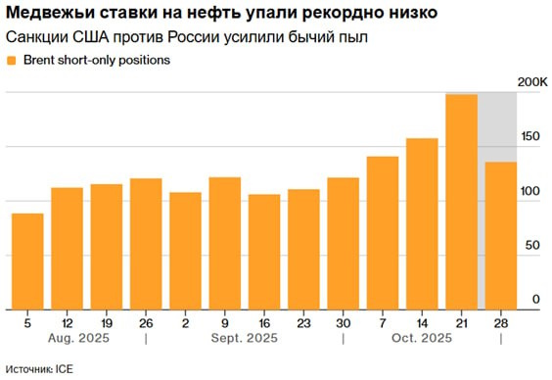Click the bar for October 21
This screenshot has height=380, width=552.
(x=461, y=201)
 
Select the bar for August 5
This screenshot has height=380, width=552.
(x=27, y=261)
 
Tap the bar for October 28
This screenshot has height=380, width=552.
(x=500, y=235)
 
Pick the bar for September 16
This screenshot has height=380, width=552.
(x=264, y=251)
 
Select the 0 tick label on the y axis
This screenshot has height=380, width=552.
(x=535, y=300)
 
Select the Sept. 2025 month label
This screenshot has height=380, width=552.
(x=245, y=339)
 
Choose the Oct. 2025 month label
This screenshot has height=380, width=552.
(x=423, y=339)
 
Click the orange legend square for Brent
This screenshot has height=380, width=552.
(x=11, y=61)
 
